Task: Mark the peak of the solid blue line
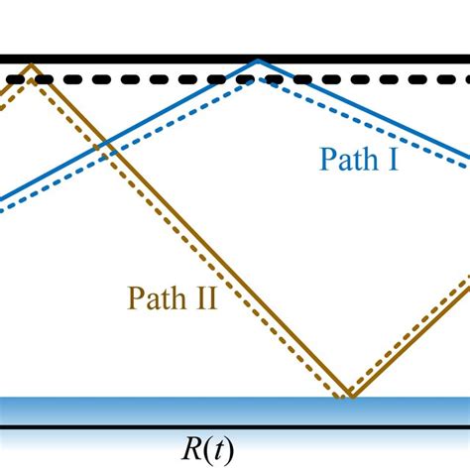point(258,60)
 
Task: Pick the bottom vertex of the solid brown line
point(349,396)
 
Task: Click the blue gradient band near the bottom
point(235,410)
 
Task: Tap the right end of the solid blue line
point(467,158)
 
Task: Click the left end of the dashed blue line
point(3,210)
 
